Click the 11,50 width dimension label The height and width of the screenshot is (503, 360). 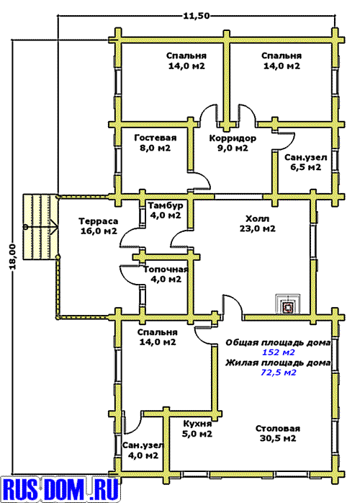196,15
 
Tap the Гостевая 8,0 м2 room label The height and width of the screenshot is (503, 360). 155,143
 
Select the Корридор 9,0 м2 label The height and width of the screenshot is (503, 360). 233,143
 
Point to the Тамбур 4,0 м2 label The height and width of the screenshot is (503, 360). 166,210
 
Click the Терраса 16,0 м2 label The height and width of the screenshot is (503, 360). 99,226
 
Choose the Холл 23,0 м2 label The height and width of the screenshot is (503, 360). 258,223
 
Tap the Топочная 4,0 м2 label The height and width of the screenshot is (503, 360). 166,275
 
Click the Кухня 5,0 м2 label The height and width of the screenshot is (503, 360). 197,429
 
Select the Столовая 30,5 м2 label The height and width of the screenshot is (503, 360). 278,433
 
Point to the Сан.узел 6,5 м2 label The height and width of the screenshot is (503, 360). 306,162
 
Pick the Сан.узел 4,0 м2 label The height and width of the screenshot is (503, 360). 143,450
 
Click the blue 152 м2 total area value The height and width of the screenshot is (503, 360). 278,352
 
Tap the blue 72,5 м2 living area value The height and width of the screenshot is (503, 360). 278,373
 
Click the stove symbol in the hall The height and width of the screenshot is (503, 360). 288,304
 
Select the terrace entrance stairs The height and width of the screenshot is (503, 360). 40,226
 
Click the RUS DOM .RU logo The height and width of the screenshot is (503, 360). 60,489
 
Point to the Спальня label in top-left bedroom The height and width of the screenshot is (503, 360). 186,55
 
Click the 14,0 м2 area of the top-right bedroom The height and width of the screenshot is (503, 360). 282,66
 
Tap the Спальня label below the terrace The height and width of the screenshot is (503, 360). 158,332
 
